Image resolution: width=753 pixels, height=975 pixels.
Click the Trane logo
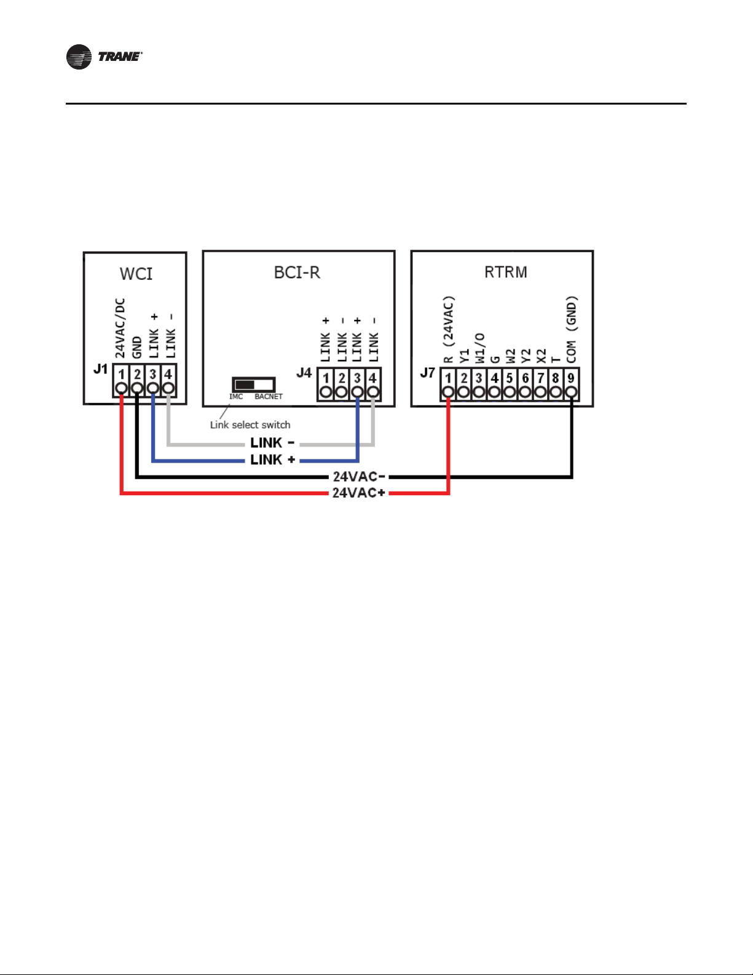pos(104,57)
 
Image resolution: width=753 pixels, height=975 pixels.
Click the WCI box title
pos(136,274)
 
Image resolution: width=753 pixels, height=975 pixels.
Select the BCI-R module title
pos(297,273)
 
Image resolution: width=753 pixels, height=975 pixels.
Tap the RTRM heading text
pos(506,272)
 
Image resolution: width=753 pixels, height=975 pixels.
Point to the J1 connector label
pos(100,369)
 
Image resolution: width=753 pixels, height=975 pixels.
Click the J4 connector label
pos(304,372)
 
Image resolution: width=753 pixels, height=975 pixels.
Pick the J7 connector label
pos(428,372)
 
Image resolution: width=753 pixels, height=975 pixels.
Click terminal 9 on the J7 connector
pos(571,384)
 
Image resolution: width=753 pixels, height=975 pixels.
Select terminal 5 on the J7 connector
pos(510,384)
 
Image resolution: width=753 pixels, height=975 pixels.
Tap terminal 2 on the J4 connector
pos(342,384)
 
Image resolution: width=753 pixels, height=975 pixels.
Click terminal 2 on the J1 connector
pos(137,381)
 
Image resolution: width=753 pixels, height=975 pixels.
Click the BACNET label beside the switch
pos(269,397)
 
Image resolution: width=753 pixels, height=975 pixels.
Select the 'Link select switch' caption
pos(250,424)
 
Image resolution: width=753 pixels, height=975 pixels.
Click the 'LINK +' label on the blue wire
pos(272,460)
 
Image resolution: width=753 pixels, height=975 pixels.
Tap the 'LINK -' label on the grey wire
pos(272,443)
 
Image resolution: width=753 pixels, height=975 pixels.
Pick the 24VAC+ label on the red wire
pos(358,493)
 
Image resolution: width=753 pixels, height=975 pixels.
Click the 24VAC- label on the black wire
pos(358,476)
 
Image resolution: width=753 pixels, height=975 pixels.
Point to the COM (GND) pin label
pos(572,329)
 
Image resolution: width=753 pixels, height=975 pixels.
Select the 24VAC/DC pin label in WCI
pos(120,328)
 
